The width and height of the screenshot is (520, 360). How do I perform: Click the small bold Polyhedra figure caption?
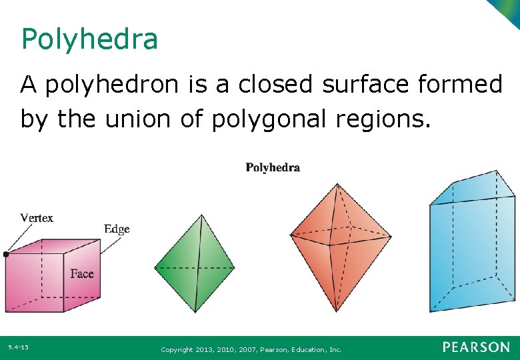coord(273,167)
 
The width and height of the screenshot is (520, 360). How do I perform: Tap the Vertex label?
coord(37,218)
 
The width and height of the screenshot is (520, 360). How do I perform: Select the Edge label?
coord(117,229)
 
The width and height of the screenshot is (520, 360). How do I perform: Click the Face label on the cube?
coord(82,274)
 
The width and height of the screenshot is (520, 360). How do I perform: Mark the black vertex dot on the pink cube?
coord(6,254)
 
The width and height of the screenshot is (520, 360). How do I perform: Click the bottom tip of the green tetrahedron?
coord(195,311)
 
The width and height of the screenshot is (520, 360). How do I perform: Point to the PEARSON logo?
coord(476,347)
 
